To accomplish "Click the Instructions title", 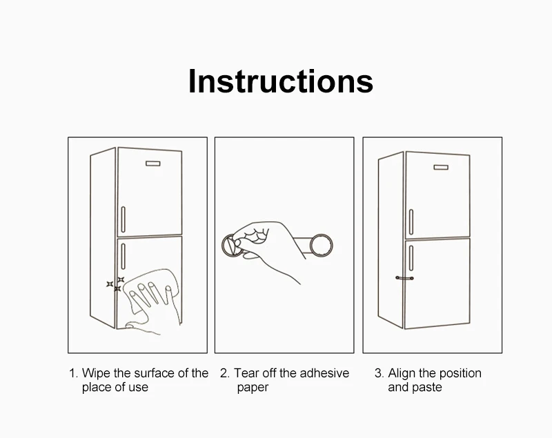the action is [281, 81].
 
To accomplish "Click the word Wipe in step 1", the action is [96, 373].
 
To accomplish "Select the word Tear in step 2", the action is [246, 373].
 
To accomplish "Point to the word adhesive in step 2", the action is [324, 373].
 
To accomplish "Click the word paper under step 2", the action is [253, 388].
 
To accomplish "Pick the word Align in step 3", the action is [402, 373].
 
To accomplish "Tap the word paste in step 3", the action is [427, 388].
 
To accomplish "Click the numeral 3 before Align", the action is [378, 373].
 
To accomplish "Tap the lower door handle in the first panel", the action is [124, 256].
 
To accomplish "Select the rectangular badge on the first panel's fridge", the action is [152, 163].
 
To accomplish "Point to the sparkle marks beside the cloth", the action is [115, 284].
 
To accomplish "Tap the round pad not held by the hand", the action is [321, 245].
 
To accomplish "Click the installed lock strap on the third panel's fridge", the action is [404, 278].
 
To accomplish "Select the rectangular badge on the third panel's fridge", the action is [441, 167].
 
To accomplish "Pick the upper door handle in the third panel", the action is [411, 222].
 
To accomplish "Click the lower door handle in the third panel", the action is [411, 258].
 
